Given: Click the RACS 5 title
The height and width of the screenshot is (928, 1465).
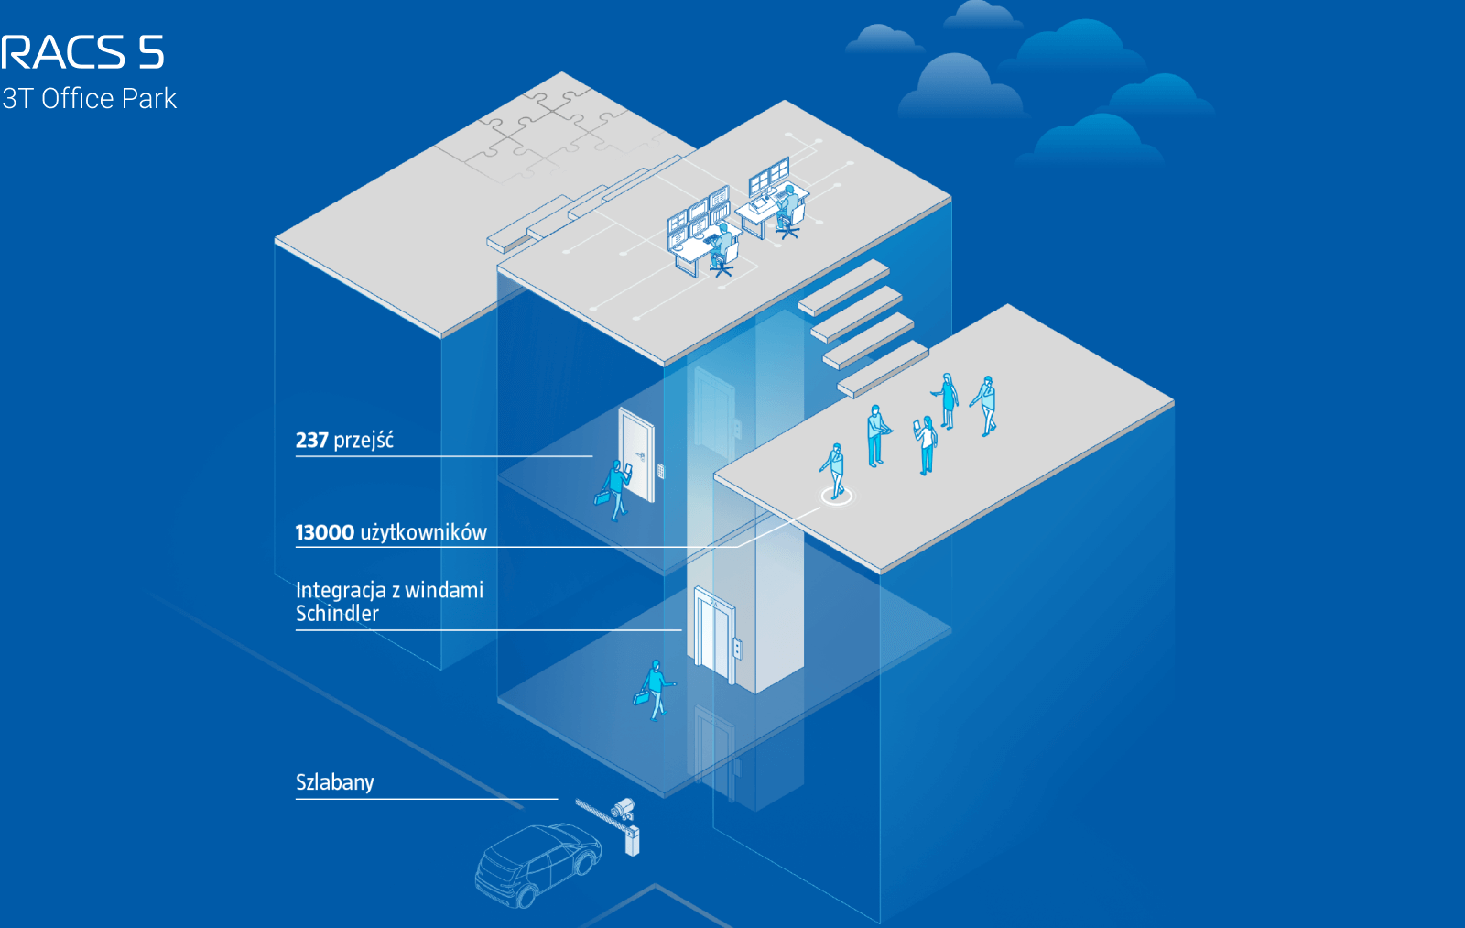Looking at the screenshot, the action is point(81,52).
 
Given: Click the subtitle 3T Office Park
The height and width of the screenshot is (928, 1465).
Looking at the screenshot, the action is point(89,99).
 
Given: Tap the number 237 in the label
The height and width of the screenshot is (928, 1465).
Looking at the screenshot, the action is point(312,441).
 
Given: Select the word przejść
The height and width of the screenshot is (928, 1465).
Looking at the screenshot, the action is point(364,441).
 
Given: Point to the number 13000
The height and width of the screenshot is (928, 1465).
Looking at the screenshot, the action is point(325,533).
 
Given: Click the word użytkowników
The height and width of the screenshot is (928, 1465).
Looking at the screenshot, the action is point(424,533).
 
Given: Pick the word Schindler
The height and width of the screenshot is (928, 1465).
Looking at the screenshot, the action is point(337,614).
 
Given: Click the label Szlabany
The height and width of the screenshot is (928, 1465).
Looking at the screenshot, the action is point(335,782).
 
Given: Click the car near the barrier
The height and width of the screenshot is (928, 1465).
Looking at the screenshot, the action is point(537,865).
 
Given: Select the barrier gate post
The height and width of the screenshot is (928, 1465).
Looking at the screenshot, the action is point(632,842).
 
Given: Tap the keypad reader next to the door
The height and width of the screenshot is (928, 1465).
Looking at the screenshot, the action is point(661,470).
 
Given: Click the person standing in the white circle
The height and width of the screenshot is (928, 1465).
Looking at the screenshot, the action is point(834,471).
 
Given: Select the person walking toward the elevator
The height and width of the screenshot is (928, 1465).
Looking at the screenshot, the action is point(654,691).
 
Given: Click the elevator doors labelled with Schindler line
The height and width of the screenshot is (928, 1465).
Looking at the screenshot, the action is point(714,636).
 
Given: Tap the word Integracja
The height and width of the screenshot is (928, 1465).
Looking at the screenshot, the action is point(341,590).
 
